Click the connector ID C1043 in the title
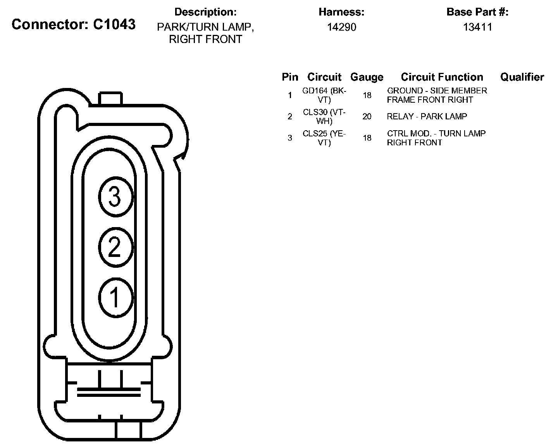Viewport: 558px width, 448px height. (x=114, y=24)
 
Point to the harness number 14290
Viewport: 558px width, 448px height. (x=341, y=27)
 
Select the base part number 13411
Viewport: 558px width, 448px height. (x=477, y=27)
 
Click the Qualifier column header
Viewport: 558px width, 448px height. (x=522, y=77)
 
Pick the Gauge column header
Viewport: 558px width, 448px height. (x=367, y=77)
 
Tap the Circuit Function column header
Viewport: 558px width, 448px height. (x=442, y=77)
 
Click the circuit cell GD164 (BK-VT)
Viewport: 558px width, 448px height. (x=324, y=95)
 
